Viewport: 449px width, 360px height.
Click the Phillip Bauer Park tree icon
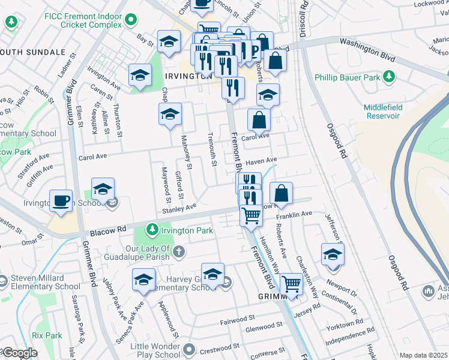coord(390,77)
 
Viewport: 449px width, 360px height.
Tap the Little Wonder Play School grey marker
coord(190,349)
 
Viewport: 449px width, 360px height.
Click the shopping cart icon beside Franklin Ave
coord(251,214)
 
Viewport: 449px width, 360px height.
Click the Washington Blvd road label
coord(367,43)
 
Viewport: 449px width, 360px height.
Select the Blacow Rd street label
coord(109,229)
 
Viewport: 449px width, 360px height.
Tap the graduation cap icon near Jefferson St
coord(332,253)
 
